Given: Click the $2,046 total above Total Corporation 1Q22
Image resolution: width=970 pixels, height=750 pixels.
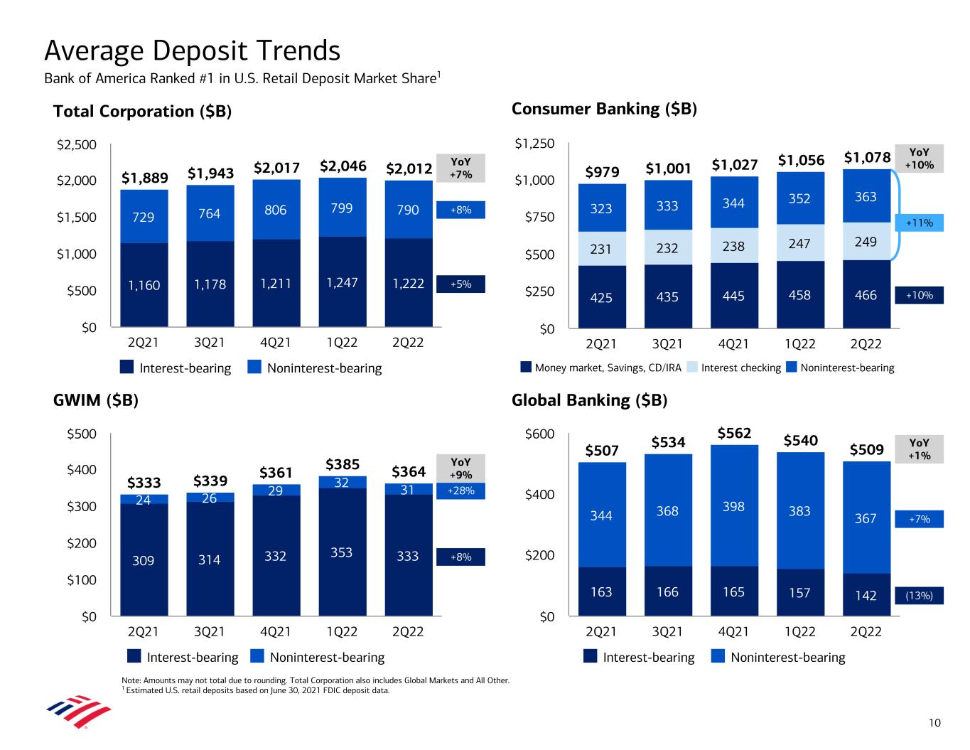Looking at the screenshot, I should coord(343,166).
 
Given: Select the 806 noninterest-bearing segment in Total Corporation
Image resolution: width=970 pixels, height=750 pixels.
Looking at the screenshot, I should coord(275,210).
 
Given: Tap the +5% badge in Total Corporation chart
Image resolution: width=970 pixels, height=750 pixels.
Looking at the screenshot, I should coord(460,284).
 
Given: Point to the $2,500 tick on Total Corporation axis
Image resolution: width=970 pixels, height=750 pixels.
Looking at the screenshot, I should coord(76,145).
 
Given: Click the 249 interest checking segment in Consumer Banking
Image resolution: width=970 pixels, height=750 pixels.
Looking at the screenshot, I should coord(866,242).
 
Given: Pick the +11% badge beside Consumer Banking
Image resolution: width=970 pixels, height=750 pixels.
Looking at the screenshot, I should coord(919,223).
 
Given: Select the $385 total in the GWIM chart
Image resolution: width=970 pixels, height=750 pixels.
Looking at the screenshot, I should coord(343,465).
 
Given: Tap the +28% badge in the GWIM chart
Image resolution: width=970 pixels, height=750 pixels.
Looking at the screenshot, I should coord(460,491).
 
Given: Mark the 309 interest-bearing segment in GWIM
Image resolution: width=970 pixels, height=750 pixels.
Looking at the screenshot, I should coord(144,561).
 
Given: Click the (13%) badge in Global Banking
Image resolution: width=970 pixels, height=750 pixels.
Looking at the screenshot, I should coord(919,596).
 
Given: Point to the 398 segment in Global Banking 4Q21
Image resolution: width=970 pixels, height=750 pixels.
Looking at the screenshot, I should coord(733,506).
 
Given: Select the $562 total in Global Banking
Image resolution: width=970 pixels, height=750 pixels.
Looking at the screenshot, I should coord(734,433).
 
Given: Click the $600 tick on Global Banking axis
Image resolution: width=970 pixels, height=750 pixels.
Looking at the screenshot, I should coord(539,434).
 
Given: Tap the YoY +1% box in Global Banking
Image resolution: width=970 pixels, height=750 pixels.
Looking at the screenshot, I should coord(919,449).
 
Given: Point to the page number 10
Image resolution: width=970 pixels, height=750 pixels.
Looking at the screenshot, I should coord(934,723).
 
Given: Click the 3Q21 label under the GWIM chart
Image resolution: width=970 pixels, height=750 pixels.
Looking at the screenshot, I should coord(209,631).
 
